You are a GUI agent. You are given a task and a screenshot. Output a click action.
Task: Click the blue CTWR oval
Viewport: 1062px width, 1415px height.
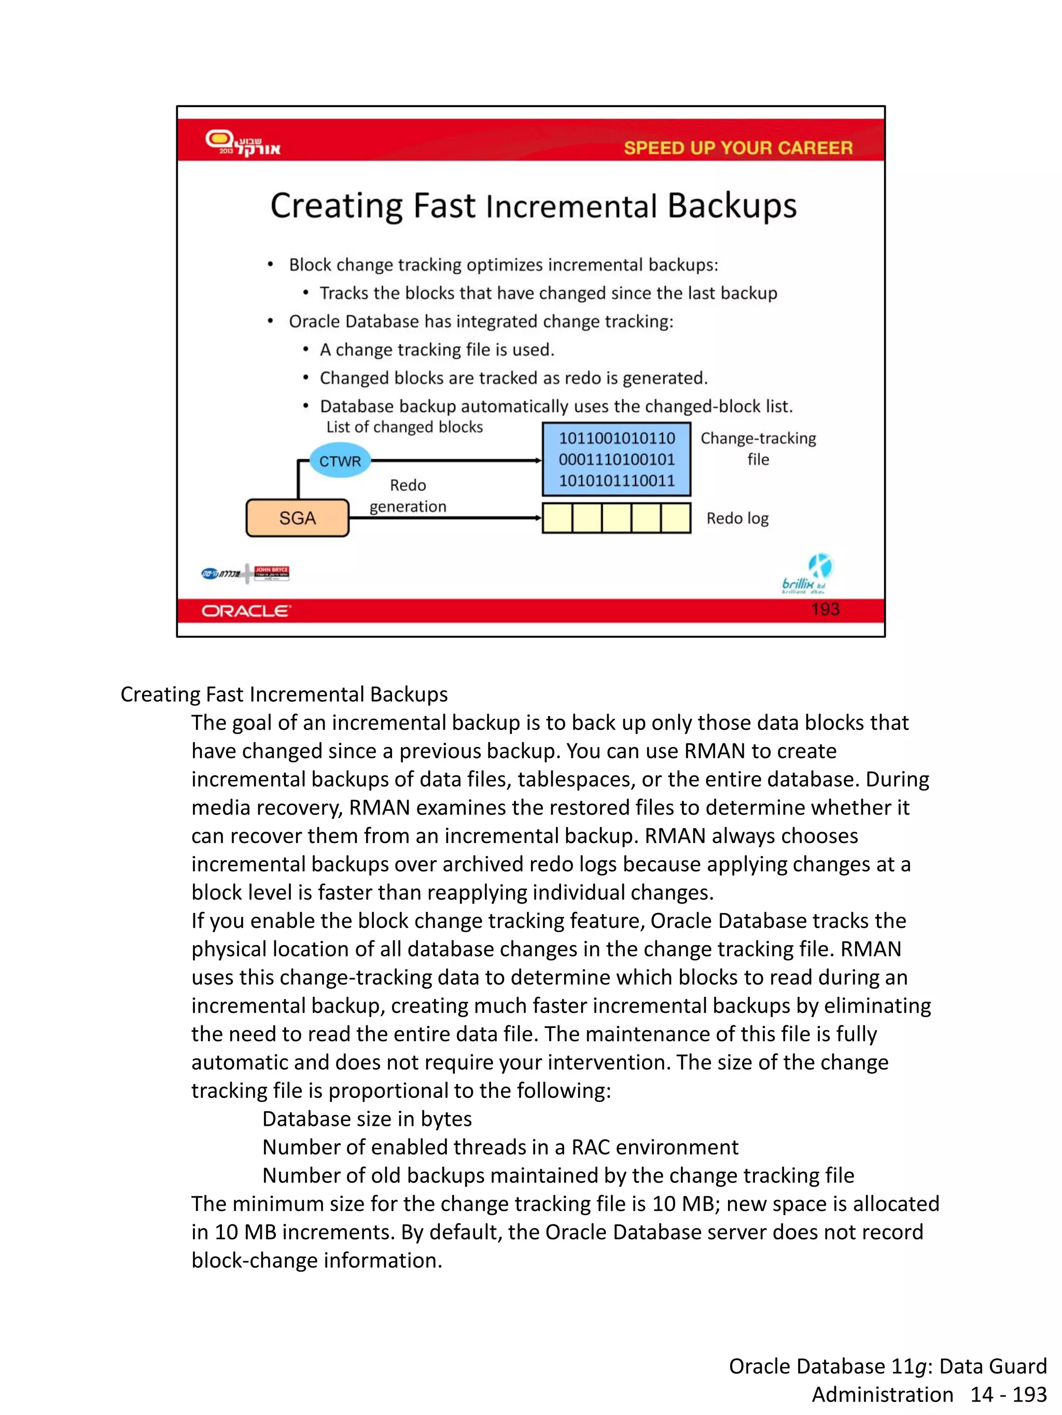point(340,461)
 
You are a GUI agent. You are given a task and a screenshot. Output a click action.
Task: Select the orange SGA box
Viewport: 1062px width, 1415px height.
point(297,518)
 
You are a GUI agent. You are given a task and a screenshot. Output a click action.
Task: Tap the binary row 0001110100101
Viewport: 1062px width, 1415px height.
point(617,459)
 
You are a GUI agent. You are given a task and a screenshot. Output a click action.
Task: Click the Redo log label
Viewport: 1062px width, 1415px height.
point(737,518)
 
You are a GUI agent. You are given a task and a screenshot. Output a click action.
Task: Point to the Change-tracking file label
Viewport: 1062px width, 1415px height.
point(758,448)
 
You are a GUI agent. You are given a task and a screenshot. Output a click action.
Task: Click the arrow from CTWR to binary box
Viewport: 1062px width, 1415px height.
point(456,461)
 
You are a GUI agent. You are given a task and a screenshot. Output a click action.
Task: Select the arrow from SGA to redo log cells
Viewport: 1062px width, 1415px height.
point(445,518)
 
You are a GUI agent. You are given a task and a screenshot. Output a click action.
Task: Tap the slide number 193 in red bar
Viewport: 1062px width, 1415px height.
point(825,609)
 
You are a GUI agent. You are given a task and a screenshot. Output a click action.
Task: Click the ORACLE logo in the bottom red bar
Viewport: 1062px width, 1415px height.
point(246,611)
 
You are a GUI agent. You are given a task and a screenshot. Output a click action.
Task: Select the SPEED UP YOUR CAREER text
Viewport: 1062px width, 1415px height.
point(738,148)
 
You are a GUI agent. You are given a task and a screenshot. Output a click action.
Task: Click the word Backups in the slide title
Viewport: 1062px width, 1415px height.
point(732,206)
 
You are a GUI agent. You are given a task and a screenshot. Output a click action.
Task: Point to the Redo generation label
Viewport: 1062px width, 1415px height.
point(408,496)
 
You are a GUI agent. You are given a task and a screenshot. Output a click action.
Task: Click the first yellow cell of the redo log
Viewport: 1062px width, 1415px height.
point(557,518)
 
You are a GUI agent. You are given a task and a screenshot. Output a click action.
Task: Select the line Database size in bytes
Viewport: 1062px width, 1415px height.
point(367,1119)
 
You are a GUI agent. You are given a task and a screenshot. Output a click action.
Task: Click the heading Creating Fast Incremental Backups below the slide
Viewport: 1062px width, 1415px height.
point(284,694)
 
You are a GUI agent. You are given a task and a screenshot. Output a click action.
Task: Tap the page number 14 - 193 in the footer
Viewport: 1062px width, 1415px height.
point(1008,1394)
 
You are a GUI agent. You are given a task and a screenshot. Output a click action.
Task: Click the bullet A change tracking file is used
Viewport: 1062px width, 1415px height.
point(437,350)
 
